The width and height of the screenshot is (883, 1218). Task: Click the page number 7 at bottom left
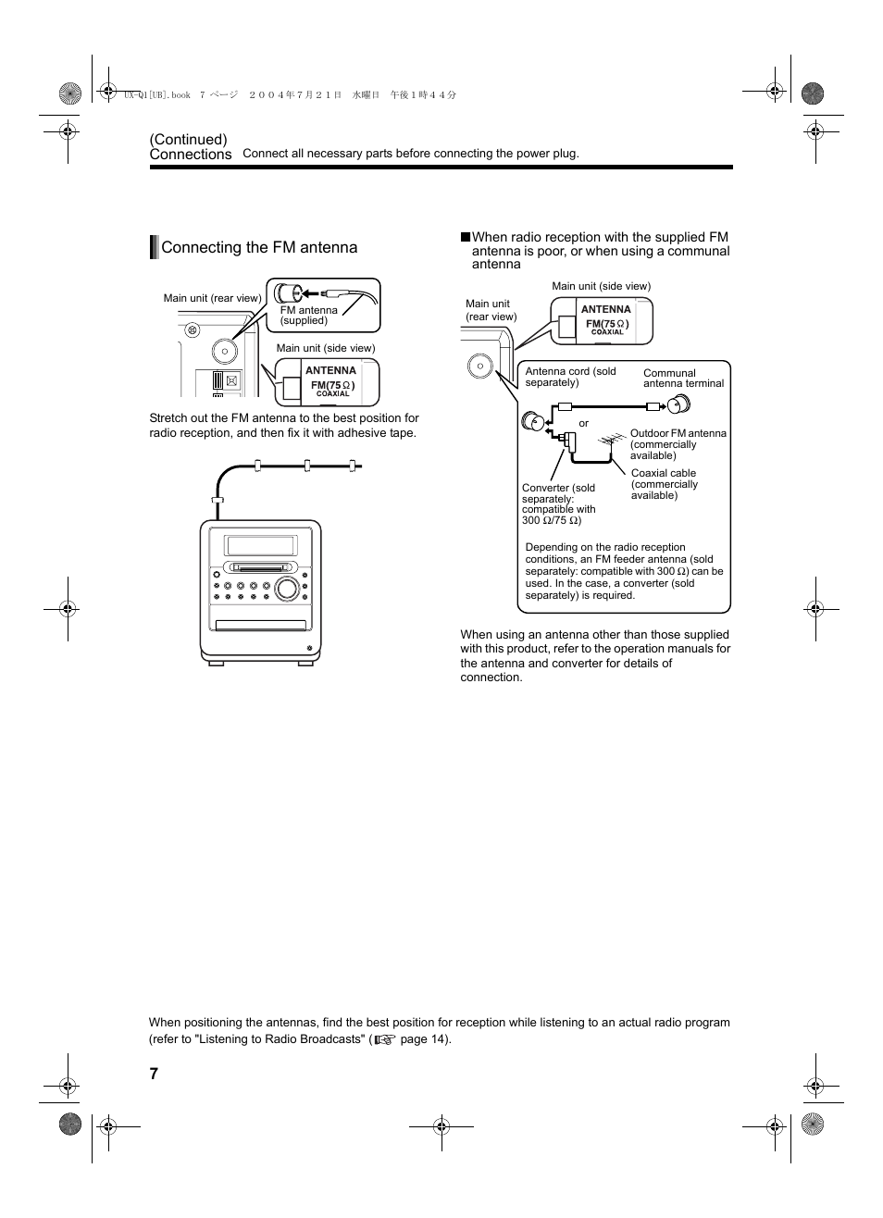tap(154, 1074)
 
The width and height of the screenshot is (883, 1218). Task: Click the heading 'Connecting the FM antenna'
tap(259, 247)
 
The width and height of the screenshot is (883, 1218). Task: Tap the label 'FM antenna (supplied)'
tap(309, 316)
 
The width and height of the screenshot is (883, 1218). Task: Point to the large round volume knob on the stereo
tap(288, 587)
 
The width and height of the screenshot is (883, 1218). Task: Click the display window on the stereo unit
tap(261, 546)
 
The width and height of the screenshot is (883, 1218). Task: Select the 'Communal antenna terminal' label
tap(683, 379)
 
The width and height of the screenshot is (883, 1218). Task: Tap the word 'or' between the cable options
tap(584, 423)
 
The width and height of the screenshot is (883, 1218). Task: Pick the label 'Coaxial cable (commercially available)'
tap(665, 484)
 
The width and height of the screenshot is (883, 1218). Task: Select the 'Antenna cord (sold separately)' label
tap(570, 377)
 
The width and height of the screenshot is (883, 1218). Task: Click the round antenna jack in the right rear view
tap(480, 367)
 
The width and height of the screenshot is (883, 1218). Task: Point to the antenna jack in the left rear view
tap(224, 351)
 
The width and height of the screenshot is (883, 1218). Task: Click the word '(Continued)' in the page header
tap(189, 140)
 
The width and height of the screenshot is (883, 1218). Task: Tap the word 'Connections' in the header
tap(191, 155)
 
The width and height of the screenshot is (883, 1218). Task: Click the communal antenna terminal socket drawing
tap(678, 404)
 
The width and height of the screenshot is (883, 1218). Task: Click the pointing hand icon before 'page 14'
tap(385, 1039)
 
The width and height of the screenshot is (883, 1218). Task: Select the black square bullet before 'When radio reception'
tap(466, 237)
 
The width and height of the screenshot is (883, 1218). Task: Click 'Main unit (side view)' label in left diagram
tap(325, 348)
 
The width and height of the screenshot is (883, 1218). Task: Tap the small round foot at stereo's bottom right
tap(309, 649)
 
